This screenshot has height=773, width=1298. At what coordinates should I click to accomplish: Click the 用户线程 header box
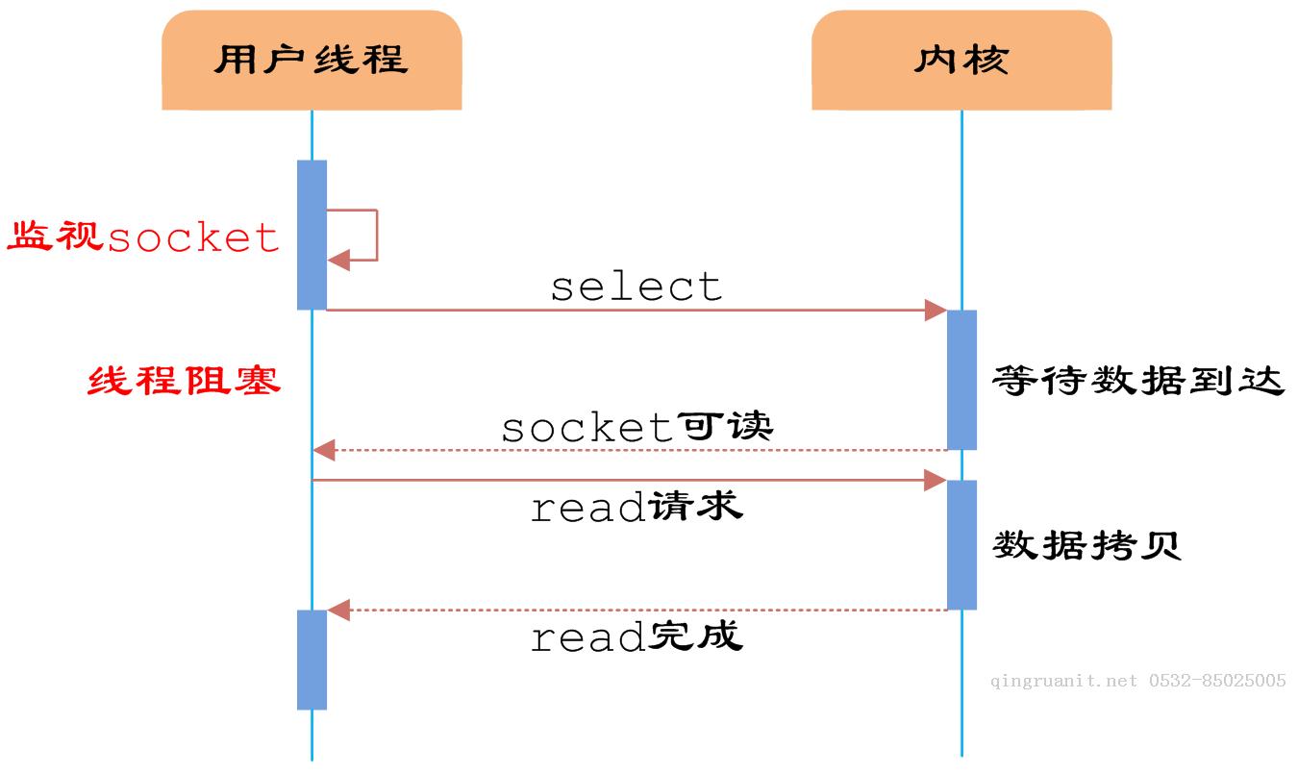pyautogui.click(x=312, y=60)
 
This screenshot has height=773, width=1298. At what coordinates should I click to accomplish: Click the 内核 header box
pyautogui.click(x=961, y=60)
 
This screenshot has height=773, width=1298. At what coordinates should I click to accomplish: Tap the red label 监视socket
pyautogui.click(x=143, y=237)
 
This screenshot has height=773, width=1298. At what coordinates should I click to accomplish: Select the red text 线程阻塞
pyautogui.click(x=184, y=381)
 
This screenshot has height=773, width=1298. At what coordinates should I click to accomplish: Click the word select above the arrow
pyautogui.click(x=636, y=287)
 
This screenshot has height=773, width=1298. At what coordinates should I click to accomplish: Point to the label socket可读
pyautogui.click(x=637, y=427)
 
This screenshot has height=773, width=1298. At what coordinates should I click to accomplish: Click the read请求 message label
pyautogui.click(x=637, y=507)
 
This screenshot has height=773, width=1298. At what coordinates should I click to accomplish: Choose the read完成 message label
pyautogui.click(x=637, y=636)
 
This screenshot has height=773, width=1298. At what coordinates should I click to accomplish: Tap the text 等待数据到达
pyautogui.click(x=1138, y=381)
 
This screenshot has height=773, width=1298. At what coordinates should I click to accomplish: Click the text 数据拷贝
pyautogui.click(x=1086, y=545)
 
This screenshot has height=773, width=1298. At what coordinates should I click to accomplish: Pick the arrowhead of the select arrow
pyautogui.click(x=936, y=310)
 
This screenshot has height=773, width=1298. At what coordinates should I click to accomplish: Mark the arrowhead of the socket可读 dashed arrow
pyautogui.click(x=324, y=449)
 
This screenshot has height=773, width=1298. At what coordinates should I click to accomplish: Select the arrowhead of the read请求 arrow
pyautogui.click(x=936, y=480)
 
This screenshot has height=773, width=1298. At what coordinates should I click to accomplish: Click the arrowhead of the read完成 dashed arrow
pyautogui.click(x=337, y=610)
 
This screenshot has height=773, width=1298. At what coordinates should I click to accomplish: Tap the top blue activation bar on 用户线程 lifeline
pyautogui.click(x=312, y=235)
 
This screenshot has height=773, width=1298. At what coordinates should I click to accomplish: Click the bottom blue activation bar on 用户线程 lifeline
pyautogui.click(x=312, y=660)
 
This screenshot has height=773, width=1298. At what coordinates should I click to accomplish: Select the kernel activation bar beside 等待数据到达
pyautogui.click(x=961, y=379)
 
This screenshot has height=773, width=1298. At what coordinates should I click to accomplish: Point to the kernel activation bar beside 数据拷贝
pyautogui.click(x=961, y=544)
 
